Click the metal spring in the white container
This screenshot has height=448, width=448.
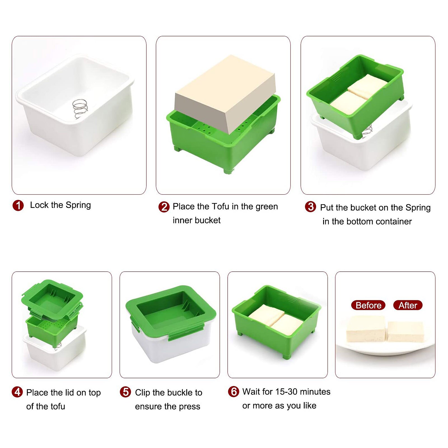tap(80, 109)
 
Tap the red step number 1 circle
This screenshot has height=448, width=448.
tap(18, 206)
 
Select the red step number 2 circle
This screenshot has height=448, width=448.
tap(164, 207)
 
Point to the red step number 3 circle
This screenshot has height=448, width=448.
tap(311, 207)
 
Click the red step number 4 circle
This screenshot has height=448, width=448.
tap(17, 392)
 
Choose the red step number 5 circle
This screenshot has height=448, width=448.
tap(125, 392)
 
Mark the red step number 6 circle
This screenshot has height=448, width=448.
tap(234, 391)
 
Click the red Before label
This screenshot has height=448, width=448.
tap(368, 305)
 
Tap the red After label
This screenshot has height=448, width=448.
tap(408, 305)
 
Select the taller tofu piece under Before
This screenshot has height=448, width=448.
tap(366, 329)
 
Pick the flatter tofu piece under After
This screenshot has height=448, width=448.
tap(405, 332)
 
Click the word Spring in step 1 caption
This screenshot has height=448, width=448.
tap(78, 205)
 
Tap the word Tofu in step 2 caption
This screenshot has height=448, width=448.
tap(220, 207)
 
